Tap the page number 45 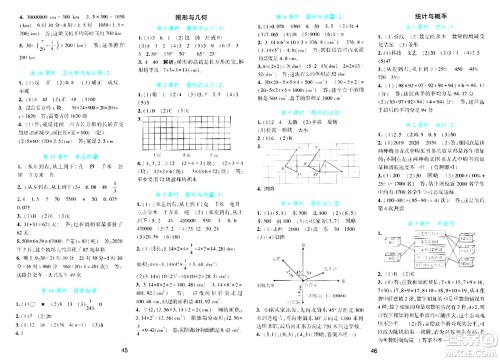click(124, 348)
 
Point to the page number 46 click(374, 348)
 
